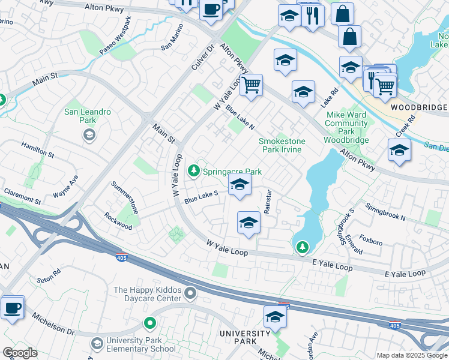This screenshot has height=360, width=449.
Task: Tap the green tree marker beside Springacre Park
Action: pyautogui.click(x=194, y=172)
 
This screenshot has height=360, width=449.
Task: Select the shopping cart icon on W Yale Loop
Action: pyautogui.click(x=252, y=85)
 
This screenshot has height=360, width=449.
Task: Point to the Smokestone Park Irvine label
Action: pyautogui.click(x=282, y=145)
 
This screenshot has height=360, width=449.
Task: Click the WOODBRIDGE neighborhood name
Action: pyautogui.click(x=418, y=107)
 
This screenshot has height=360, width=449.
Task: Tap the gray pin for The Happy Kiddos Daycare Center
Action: pyautogui.click(x=190, y=293)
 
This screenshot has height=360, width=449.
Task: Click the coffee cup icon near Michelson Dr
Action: pyautogui.click(x=12, y=308)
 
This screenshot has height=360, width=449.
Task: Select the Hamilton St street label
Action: pyautogui.click(x=37, y=150)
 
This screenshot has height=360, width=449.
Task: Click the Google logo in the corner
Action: pyautogui.click(x=20, y=353)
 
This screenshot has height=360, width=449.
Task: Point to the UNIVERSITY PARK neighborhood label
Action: pyautogui.click(x=245, y=337)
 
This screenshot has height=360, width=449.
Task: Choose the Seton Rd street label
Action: pyautogui.click(x=49, y=276)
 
